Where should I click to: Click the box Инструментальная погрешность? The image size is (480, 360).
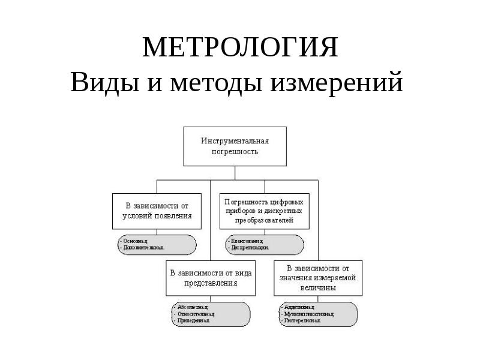235,146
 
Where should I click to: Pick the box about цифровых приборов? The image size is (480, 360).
263,211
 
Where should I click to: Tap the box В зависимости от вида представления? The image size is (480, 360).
210,277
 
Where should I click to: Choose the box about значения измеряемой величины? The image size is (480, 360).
318,277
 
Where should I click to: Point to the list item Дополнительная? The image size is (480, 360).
142,247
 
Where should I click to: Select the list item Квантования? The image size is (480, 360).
246,240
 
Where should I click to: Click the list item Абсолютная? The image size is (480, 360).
191,307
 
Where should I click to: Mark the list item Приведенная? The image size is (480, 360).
193,320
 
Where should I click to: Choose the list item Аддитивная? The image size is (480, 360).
299,307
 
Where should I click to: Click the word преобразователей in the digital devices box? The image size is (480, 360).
263,220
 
